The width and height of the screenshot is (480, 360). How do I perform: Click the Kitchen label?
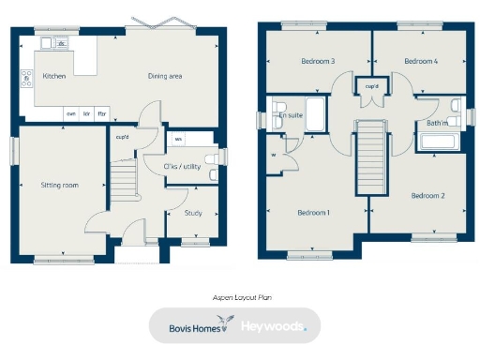click(x=54, y=75)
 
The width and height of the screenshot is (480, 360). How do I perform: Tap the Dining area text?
click(x=164, y=75)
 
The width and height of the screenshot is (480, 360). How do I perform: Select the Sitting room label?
click(x=59, y=186)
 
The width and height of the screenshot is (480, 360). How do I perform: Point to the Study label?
click(x=193, y=213)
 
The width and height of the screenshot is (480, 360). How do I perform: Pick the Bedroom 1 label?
click(x=314, y=213)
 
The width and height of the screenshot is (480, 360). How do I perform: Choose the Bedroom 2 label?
click(x=427, y=196)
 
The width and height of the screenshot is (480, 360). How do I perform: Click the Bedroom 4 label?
click(x=421, y=62)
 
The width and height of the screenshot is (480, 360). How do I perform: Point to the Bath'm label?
click(x=435, y=122)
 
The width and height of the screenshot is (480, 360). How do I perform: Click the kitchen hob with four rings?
click(x=25, y=78)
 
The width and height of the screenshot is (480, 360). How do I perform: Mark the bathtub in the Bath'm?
click(x=439, y=142)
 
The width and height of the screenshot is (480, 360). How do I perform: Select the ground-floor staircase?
click(x=124, y=178)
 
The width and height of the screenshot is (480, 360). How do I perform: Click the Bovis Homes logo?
click(x=193, y=327)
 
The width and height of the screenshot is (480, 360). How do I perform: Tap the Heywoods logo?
click(x=277, y=327)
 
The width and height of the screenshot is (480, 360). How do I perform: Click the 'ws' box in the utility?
click(x=178, y=141)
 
